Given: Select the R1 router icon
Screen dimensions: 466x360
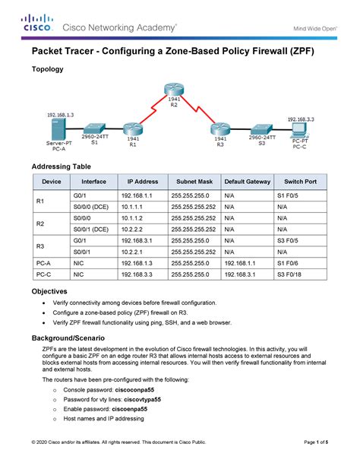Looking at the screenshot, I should (134, 130).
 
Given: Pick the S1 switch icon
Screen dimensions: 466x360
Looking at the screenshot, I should (94, 130).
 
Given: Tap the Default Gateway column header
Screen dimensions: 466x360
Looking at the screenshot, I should (247, 182).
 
